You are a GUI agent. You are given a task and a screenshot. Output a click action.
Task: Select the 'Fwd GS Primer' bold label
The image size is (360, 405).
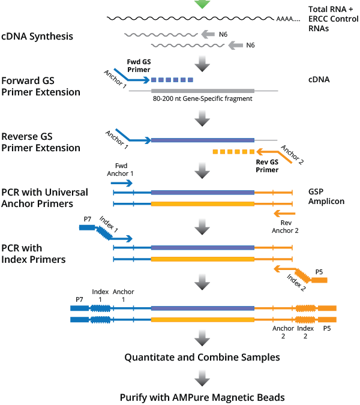(x=139, y=65)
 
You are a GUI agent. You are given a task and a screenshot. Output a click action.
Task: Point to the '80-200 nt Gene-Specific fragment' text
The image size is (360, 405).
(x=202, y=98)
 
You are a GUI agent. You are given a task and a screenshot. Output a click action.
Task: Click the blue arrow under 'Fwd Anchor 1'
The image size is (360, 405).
(x=122, y=182)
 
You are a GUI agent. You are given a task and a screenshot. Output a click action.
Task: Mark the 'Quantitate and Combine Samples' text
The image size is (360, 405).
(x=202, y=357)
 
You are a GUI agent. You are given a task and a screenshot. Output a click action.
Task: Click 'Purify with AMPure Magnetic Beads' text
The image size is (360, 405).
(x=202, y=397)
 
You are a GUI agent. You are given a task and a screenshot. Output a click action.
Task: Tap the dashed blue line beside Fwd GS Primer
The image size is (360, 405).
(x=172, y=79)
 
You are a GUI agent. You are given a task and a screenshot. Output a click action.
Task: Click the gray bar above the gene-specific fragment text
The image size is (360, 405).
(x=202, y=91)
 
